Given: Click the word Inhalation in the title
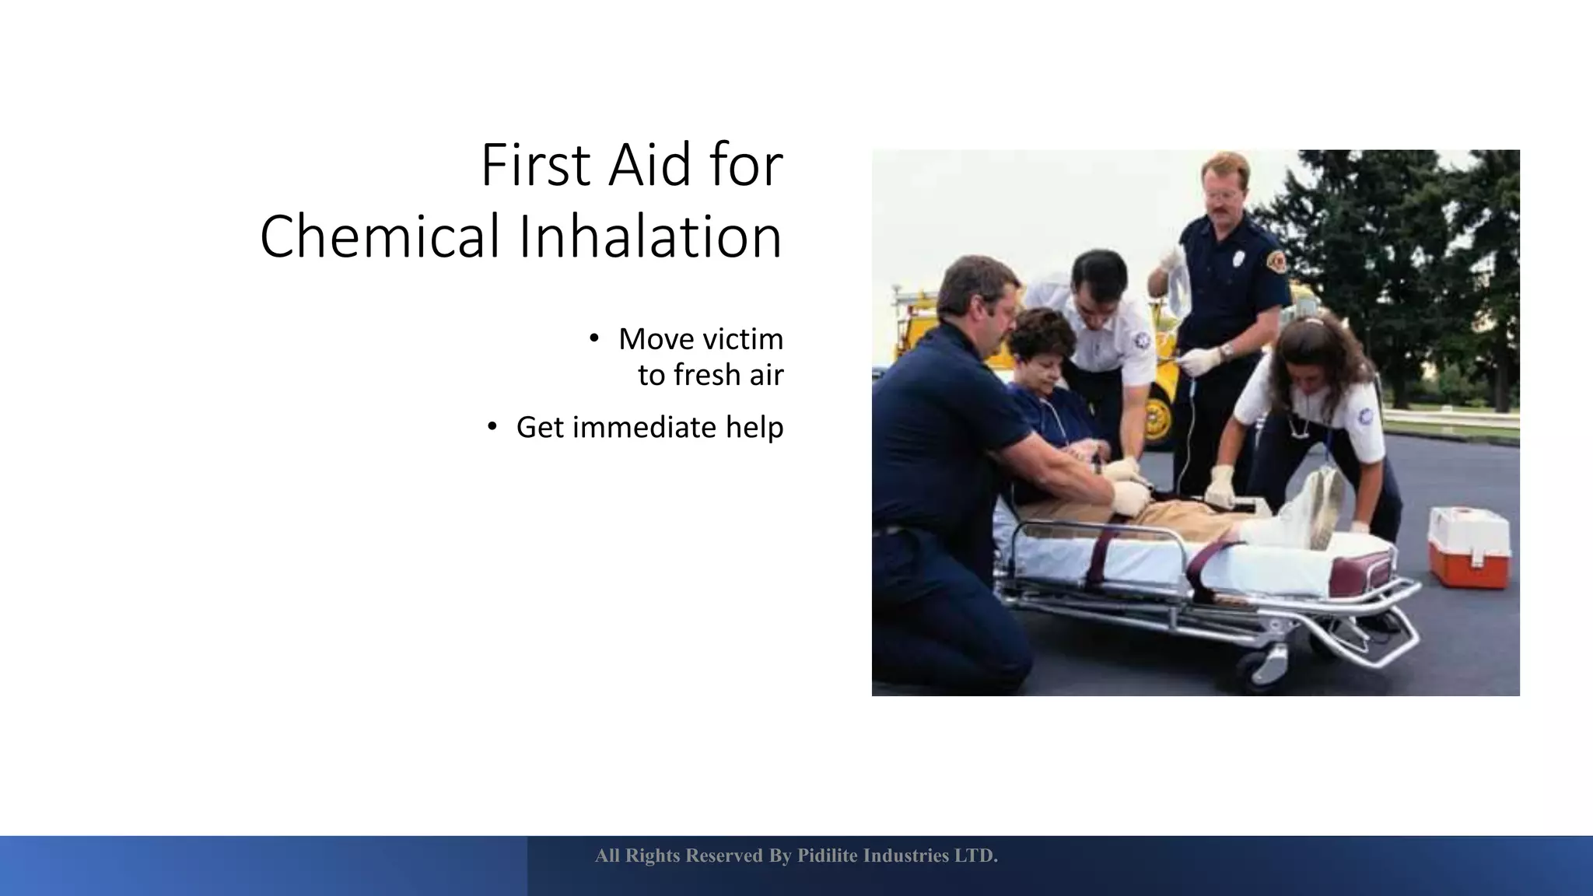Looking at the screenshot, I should pyautogui.click(x=650, y=236).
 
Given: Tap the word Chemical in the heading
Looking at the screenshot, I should pyautogui.click(x=380, y=236).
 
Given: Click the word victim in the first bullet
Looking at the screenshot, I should pyautogui.click(x=743, y=339).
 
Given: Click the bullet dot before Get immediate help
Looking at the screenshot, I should pyautogui.click(x=492, y=426).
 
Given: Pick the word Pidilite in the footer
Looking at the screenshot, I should pyautogui.click(x=828, y=856).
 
